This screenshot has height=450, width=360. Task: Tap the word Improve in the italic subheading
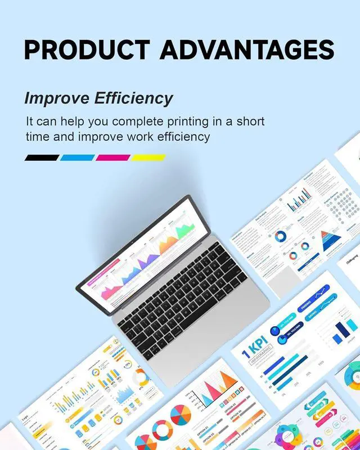[x=56, y=98]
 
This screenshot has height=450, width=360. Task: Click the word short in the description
[x=247, y=121]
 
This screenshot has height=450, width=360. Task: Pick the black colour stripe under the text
[x=42, y=158]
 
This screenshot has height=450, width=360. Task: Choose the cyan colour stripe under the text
[x=77, y=158]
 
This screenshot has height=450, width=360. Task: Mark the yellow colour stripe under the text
[x=148, y=158]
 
